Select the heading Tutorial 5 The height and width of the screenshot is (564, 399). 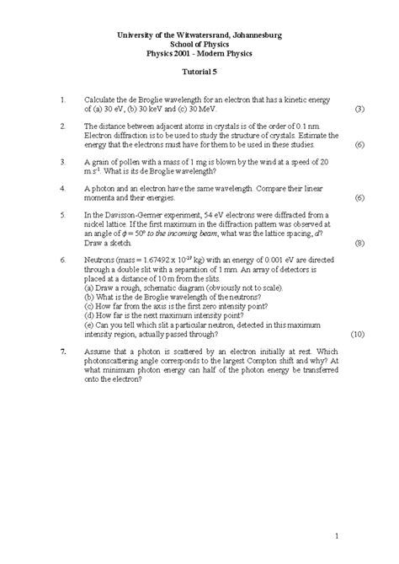[199, 73]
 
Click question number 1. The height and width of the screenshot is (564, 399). [63, 99]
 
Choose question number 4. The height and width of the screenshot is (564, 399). [63, 188]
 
